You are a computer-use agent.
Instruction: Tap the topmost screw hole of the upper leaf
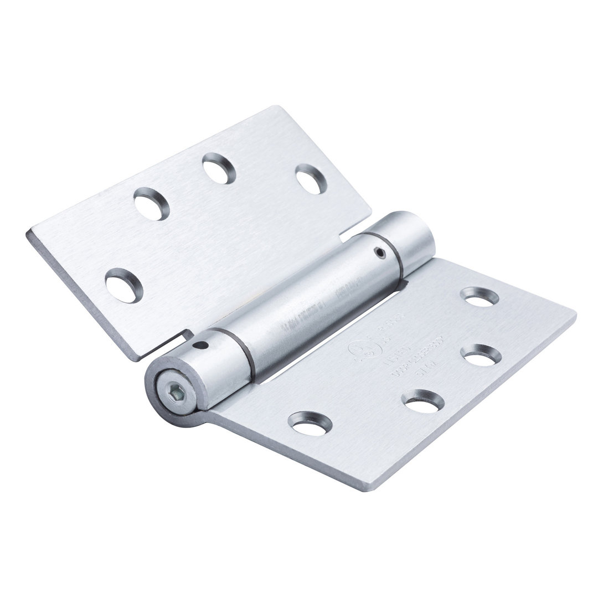pos(219,168)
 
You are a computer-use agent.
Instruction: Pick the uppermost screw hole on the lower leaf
pos(479,296)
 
